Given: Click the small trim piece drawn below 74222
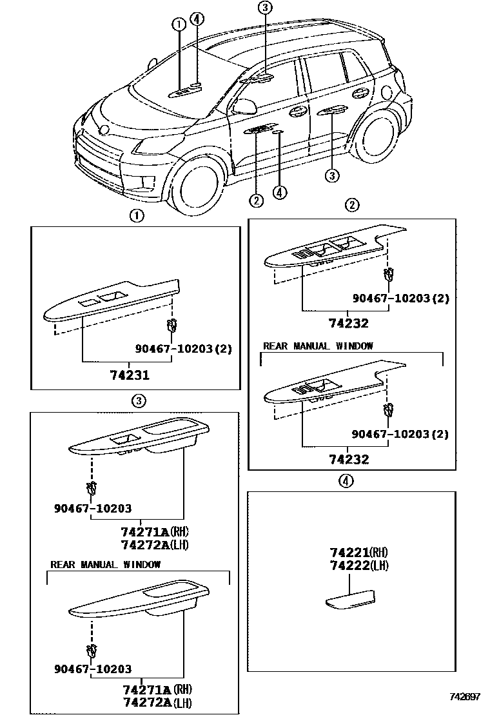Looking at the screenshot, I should pos(350,599).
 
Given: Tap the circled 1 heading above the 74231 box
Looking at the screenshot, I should pos(137,216).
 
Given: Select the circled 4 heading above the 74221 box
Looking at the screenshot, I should pos(346,480).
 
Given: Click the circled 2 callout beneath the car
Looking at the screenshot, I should pos(256,201).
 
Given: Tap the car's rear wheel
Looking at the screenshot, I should pos(380,137).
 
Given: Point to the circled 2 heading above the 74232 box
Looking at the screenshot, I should pos(351,206).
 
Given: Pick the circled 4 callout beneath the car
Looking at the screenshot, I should pos(279,192).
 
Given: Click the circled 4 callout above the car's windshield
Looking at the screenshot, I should pos(197,19).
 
